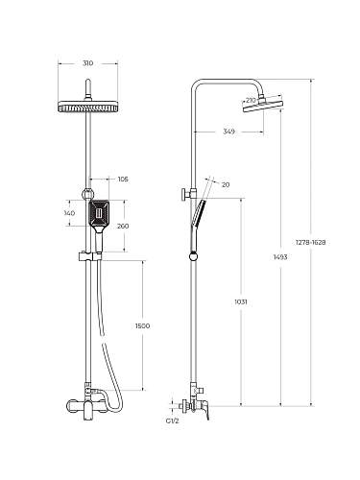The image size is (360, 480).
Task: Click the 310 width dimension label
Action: (87, 63)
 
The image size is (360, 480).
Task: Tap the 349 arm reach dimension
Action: (228, 132)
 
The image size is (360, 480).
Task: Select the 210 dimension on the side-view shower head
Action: (252, 100)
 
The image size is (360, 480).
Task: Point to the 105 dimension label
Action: (123, 179)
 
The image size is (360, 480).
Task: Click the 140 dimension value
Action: (69, 213)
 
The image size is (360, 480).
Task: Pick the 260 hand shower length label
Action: (123, 226)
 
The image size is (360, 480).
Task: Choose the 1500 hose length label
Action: (142, 325)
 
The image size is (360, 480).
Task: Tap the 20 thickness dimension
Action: (226, 184)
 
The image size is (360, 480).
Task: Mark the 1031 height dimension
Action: (241, 301)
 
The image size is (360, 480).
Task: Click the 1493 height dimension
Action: (280, 257)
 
